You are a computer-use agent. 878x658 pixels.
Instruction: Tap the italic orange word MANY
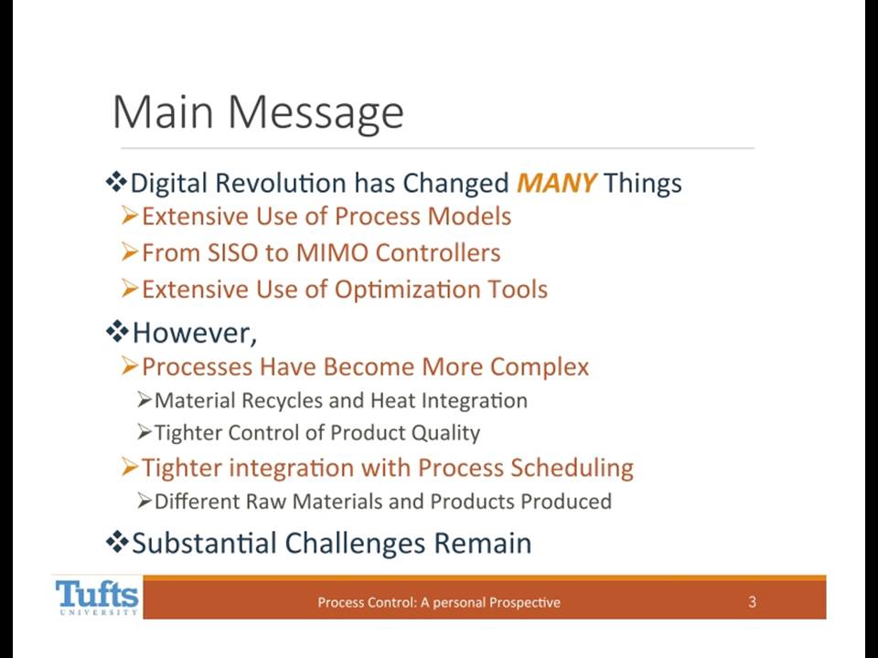pyautogui.click(x=556, y=183)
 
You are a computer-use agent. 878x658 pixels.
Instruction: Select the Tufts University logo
pyautogui.click(x=97, y=597)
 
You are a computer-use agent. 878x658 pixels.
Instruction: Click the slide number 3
pyautogui.click(x=752, y=601)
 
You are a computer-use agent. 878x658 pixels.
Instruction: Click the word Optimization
pyautogui.click(x=407, y=290)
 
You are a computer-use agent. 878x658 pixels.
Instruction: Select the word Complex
pyautogui.click(x=540, y=367)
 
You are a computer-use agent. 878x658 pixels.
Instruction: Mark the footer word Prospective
pyautogui.click(x=525, y=602)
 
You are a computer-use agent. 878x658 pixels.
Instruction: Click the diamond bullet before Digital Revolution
pyautogui.click(x=116, y=183)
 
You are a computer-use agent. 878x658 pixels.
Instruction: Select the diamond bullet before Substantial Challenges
pyautogui.click(x=116, y=542)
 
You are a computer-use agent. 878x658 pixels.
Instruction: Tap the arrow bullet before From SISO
pyautogui.click(x=129, y=253)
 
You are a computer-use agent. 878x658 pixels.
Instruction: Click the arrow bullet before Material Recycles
pyautogui.click(x=145, y=400)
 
